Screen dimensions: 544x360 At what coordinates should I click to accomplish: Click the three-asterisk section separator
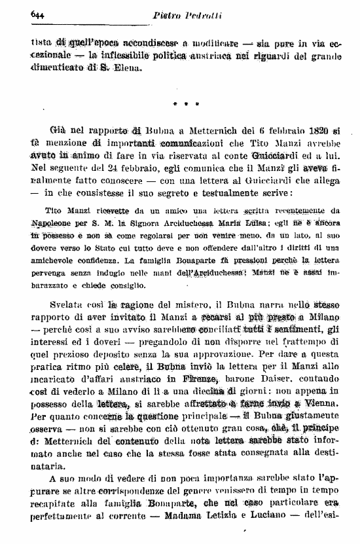tap(187, 103)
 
